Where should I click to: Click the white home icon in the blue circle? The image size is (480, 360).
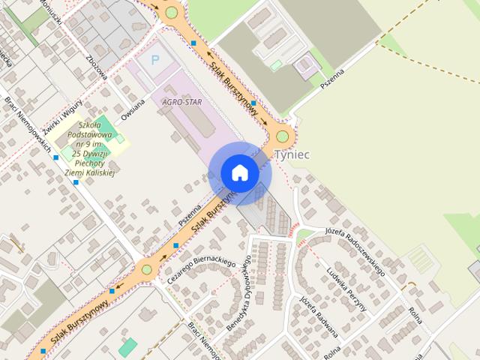tap(240, 172)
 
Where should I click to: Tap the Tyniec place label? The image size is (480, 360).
tap(292, 154)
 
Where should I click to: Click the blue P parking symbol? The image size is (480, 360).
tap(156, 59)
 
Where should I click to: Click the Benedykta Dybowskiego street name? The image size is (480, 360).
tap(239, 292)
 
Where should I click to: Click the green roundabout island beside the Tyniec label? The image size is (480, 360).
tap(282, 136)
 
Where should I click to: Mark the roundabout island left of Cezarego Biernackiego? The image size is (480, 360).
tap(146, 269)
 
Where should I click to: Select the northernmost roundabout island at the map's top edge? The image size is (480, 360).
tap(172, 12)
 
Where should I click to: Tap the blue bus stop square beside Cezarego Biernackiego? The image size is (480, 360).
tap(175, 245)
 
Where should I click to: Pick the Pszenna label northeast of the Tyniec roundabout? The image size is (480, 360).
tap(331, 79)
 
